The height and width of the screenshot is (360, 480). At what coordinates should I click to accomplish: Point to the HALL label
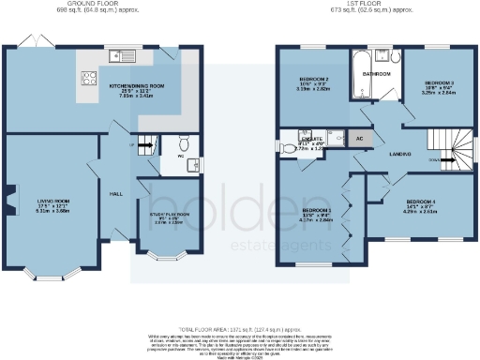[x=116, y=193]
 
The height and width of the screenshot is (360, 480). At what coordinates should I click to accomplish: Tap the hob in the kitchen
[x=91, y=79]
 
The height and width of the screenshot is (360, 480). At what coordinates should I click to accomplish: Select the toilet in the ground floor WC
[x=185, y=144]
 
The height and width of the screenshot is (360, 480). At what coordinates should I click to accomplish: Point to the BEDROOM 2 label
[x=312, y=80]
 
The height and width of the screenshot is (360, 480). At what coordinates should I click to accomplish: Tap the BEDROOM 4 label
[x=422, y=202]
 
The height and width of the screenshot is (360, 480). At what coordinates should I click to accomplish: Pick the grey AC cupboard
[x=359, y=137]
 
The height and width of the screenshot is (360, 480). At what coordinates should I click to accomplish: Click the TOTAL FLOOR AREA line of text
[x=239, y=320]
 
